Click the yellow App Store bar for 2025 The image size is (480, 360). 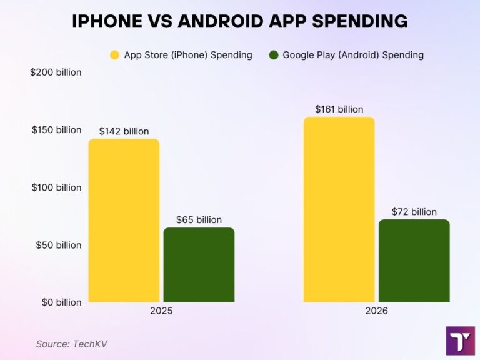coord(124,221)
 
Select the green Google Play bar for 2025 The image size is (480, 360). coord(199,265)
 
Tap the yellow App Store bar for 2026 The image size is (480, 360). coord(339,209)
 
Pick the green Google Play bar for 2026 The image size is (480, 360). coord(414,261)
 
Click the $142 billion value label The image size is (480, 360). coord(124,131)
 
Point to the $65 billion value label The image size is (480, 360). coord(199,219)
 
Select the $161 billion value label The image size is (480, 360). coord(339,109)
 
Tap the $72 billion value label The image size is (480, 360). coord(414,212)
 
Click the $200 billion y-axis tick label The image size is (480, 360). coord(56,72)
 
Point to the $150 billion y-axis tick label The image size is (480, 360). coord(56,130)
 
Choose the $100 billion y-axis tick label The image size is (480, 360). coord(56,187)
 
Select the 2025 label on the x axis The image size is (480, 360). coord(161,311)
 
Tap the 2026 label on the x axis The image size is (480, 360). coord(376,311)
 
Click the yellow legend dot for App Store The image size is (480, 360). coord(115,55)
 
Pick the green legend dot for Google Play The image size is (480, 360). coord(274,55)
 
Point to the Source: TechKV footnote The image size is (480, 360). coord(67,343)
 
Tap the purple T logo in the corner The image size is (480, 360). coord(460,340)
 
